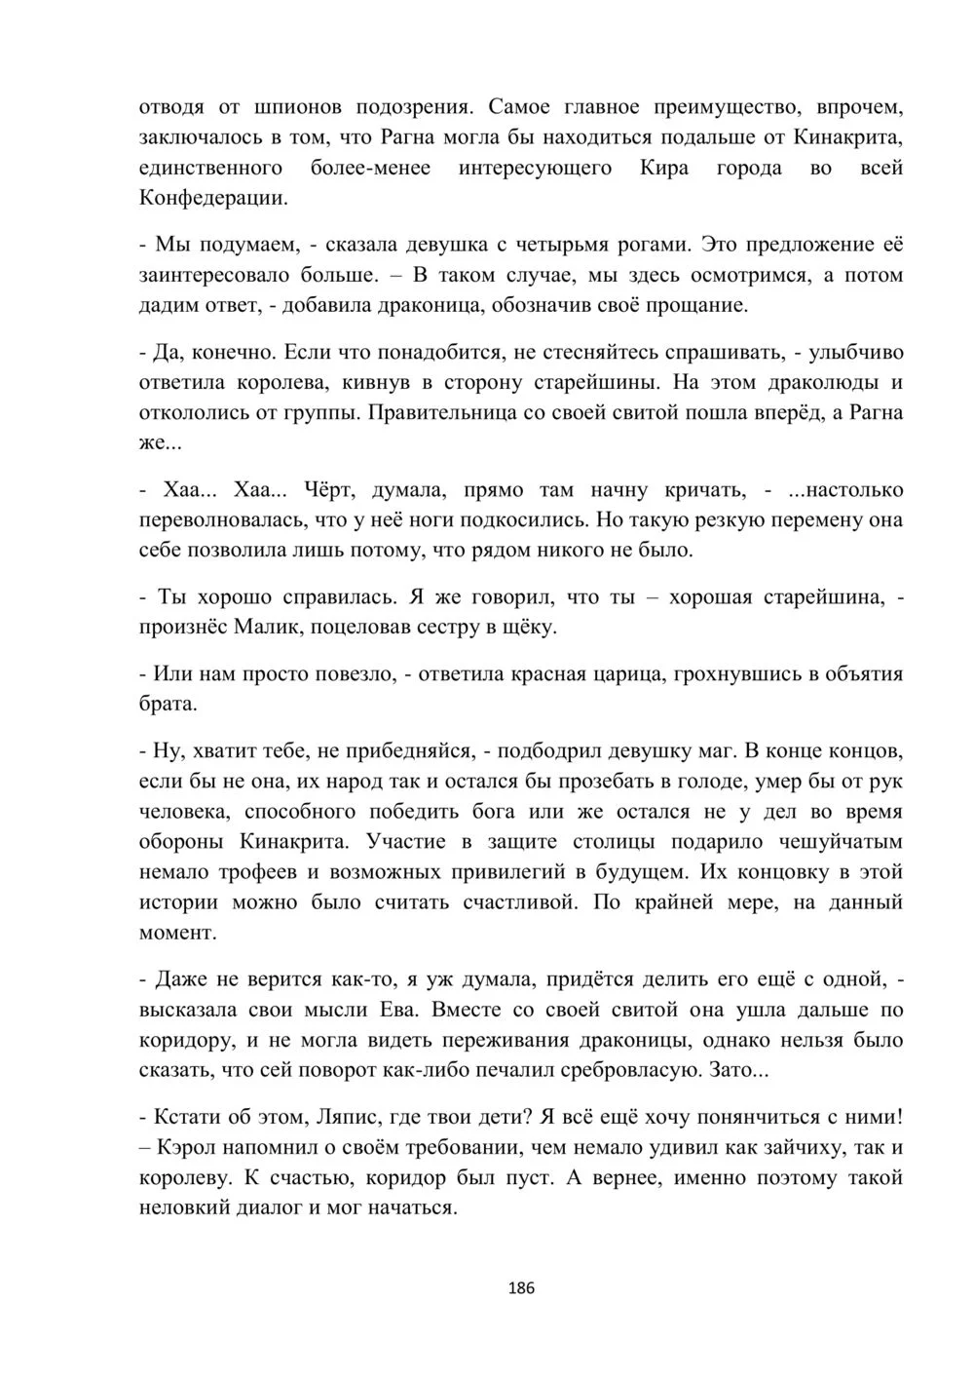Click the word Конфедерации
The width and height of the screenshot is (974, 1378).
click(212, 198)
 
